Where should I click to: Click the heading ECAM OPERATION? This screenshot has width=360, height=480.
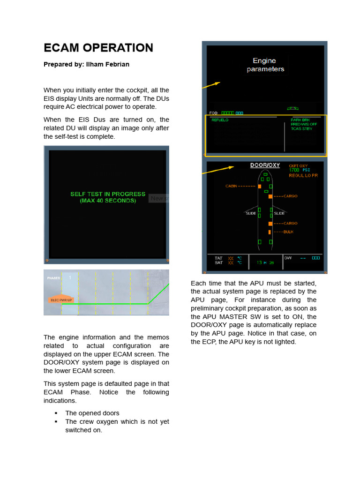(x=98, y=48)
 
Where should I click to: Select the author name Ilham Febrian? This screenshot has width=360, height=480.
(x=107, y=64)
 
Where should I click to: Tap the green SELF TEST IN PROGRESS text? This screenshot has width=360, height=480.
(x=108, y=194)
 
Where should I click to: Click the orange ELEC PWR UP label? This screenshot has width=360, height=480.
(x=61, y=300)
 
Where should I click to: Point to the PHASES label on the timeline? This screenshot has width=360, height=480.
(x=53, y=278)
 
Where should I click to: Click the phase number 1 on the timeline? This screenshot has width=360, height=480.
(x=70, y=277)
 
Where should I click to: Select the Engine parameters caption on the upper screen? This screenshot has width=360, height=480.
(x=265, y=65)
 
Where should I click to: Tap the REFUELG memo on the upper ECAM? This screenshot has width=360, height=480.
(x=220, y=120)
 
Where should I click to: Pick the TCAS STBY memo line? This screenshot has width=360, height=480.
(x=301, y=128)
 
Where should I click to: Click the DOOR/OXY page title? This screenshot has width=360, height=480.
(x=265, y=165)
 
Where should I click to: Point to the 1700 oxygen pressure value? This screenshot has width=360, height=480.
(x=294, y=170)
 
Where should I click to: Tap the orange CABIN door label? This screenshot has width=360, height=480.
(x=231, y=186)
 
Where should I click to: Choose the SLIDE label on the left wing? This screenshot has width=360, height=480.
(x=251, y=213)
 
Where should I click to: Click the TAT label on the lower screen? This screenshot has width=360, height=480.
(x=218, y=258)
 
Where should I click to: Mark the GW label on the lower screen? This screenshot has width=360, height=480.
(x=288, y=258)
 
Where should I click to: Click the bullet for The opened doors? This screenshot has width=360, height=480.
(x=56, y=413)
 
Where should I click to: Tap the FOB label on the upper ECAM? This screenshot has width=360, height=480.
(x=213, y=113)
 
